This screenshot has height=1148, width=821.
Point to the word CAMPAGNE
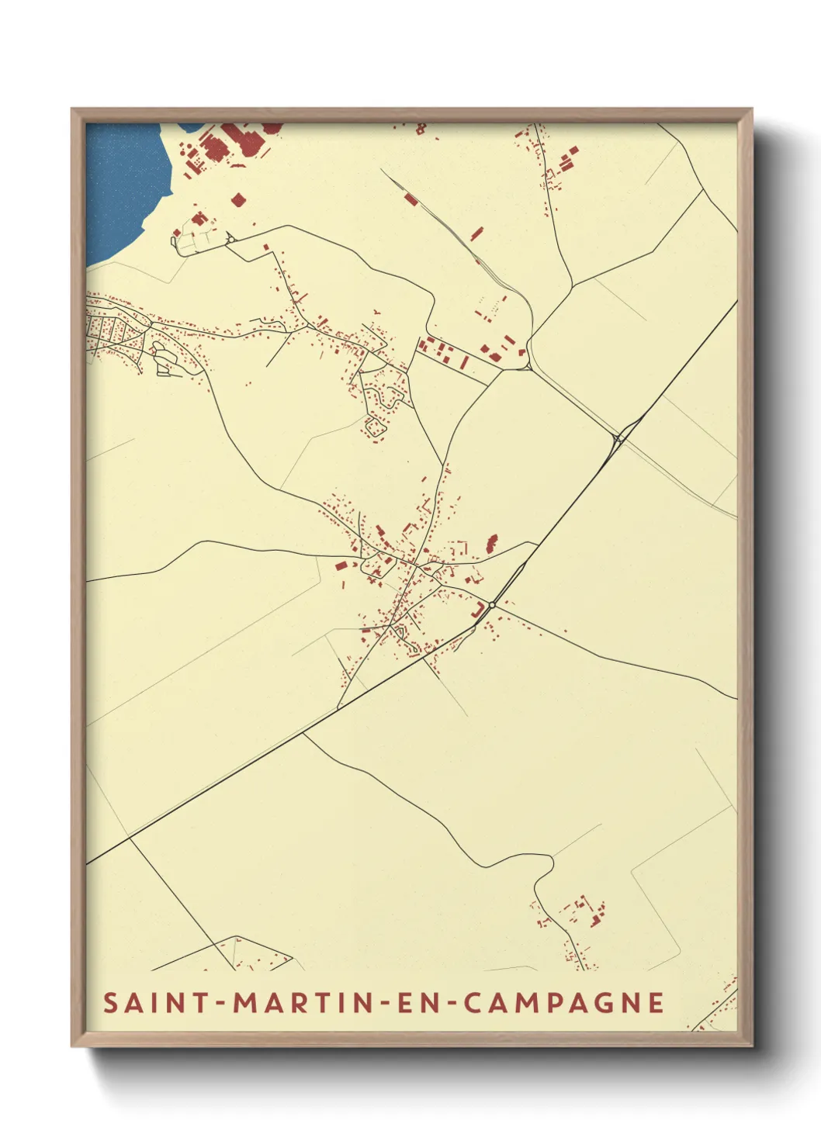click(564, 1003)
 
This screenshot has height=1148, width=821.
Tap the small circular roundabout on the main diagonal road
click(492, 605)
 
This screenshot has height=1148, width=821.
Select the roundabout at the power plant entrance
click(230, 239)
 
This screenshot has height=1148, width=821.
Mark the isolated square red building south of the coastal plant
click(237, 200)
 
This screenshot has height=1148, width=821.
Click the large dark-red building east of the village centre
click(490, 542)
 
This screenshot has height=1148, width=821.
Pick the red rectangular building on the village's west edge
click(340, 565)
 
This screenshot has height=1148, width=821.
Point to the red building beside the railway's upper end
click(410, 199)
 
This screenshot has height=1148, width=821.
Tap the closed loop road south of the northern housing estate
click(376, 427)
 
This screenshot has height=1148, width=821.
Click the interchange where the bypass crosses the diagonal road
click(619, 439)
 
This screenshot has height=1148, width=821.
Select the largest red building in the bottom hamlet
click(596, 920)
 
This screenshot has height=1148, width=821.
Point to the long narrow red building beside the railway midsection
click(476, 233)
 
